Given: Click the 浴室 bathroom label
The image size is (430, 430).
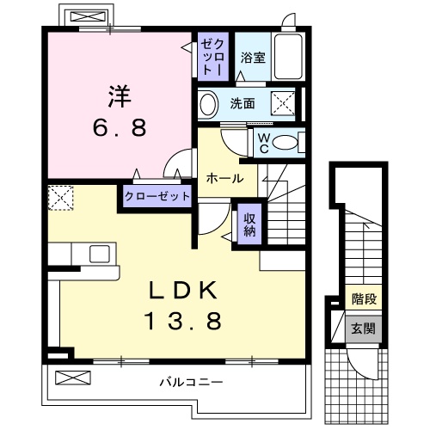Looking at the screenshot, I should click(252, 59).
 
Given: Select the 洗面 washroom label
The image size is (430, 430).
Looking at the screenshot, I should click(243, 104).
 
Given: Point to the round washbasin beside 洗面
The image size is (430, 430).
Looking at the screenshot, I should click(207, 105).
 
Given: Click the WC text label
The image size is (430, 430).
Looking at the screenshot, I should click(264, 140).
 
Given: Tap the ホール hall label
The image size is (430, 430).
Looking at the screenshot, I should click(225, 179).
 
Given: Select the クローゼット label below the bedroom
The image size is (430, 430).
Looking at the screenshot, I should click(157, 196).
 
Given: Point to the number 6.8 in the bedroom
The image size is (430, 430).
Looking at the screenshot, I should click(120, 127).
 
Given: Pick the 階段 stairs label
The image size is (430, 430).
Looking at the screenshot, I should click(364, 299).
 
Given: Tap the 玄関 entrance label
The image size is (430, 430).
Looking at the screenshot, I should click(363, 328).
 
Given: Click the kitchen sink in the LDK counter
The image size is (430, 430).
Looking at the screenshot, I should click(97, 253).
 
